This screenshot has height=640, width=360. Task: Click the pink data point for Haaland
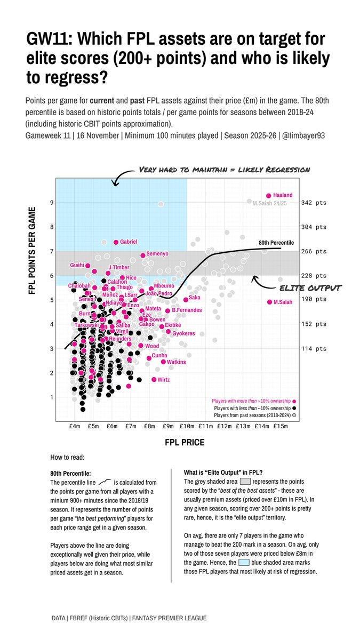[x=268, y=196]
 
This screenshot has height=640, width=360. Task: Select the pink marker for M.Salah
[x=269, y=302]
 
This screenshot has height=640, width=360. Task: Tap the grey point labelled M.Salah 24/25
[x=249, y=201]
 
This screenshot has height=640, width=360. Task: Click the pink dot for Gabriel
[x=116, y=242]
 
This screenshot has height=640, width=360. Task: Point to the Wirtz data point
[x=154, y=380]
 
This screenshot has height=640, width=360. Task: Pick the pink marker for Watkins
[x=163, y=362]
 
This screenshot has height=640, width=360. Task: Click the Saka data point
[x=186, y=300]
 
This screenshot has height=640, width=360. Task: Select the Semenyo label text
[x=157, y=254]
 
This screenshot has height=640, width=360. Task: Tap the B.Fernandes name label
[x=187, y=310]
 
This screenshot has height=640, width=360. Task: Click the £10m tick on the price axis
[x=187, y=426]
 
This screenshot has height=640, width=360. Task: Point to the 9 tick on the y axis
[x=52, y=203]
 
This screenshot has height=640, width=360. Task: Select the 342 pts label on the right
[x=314, y=203]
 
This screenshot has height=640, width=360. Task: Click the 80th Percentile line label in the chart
[x=276, y=243]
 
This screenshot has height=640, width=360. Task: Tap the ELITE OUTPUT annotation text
[x=310, y=289]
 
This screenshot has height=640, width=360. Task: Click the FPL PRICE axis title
[x=185, y=443]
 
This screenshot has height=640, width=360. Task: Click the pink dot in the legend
[x=294, y=401]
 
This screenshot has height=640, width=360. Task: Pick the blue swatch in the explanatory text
[x=244, y=563]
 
